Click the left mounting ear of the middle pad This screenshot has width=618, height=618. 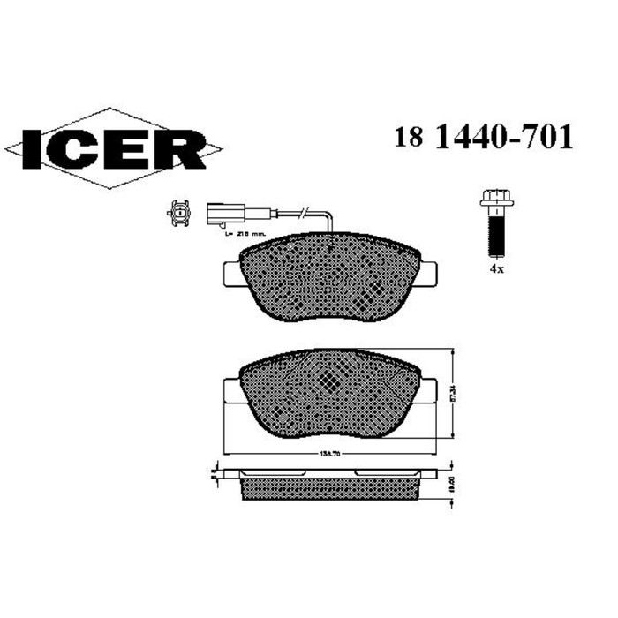[230, 391]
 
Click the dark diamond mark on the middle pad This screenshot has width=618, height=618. [328, 381]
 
